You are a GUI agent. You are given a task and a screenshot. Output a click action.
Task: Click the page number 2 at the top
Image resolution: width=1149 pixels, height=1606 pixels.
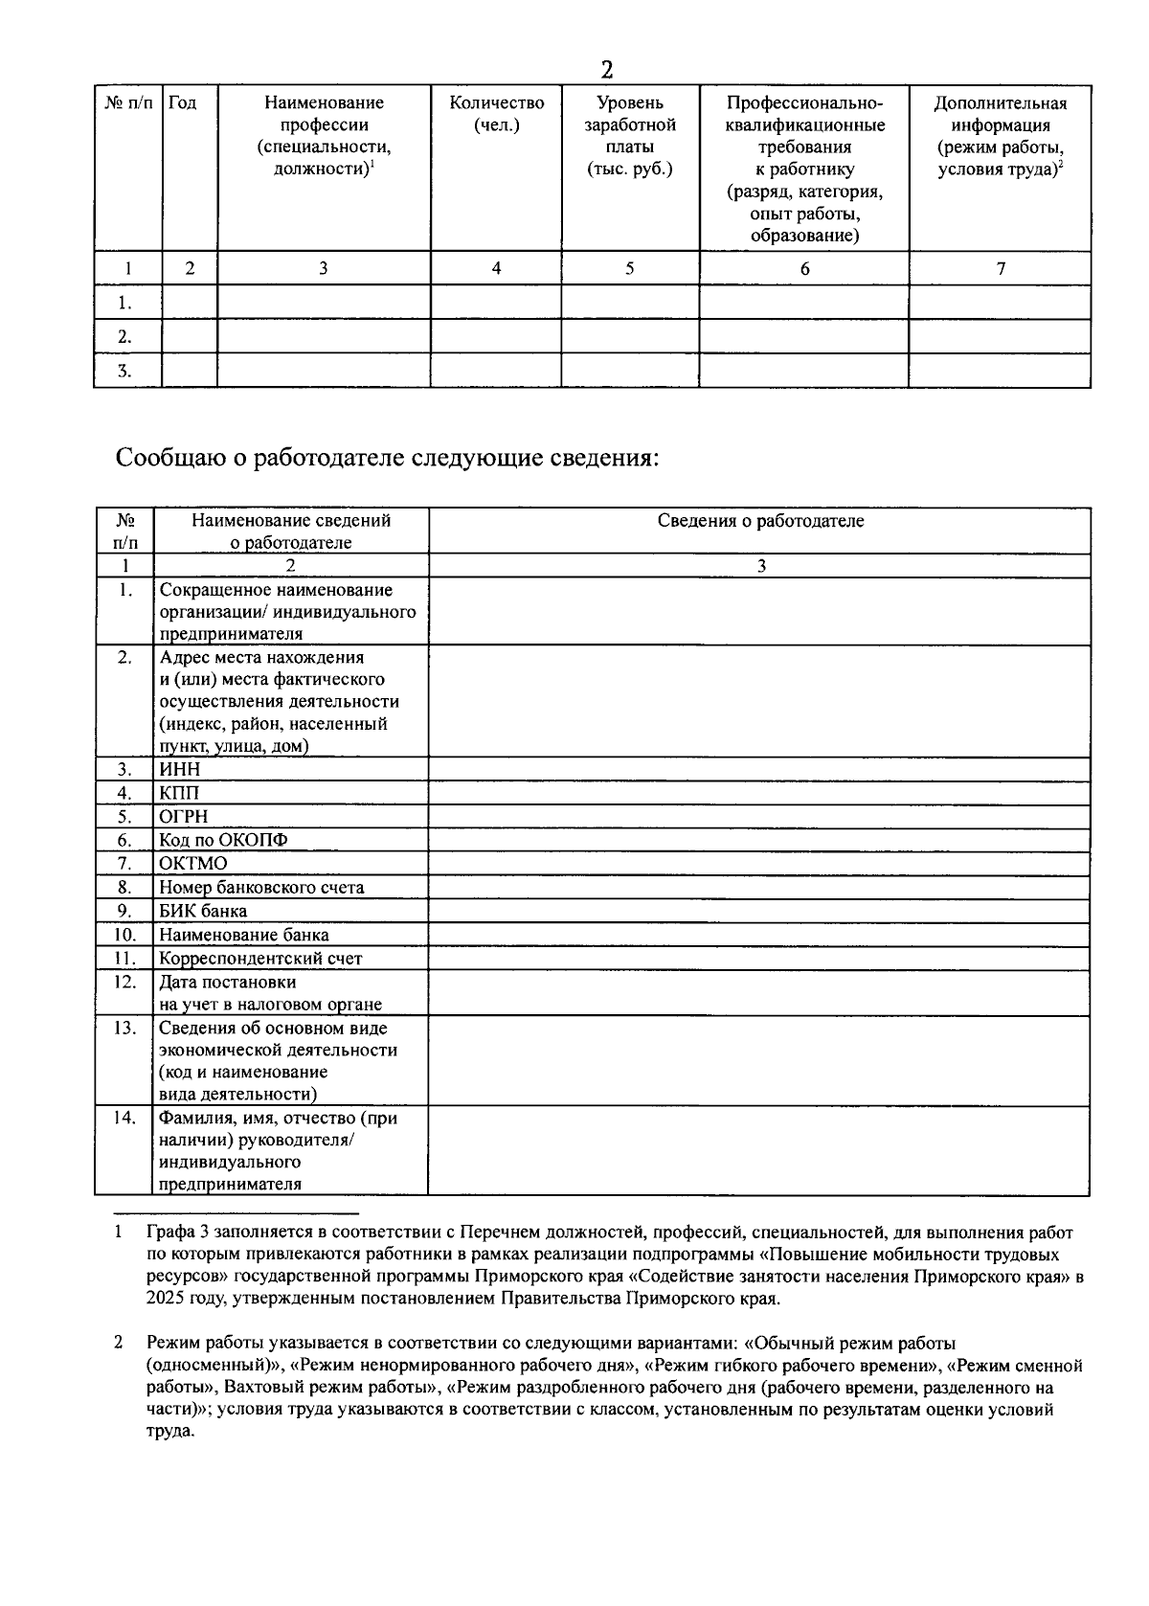pos(606,70)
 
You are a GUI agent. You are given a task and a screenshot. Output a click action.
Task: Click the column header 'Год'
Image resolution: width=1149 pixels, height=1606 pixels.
pos(182,103)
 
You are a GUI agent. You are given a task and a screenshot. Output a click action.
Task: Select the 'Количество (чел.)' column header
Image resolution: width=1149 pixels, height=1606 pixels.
pos(496,114)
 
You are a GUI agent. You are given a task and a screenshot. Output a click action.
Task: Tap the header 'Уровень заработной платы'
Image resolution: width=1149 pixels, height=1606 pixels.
pos(629,136)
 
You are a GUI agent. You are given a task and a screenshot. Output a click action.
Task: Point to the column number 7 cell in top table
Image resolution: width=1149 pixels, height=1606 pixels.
pos(1000,269)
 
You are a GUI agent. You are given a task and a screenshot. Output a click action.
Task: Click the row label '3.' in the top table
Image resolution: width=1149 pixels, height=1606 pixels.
pos(124,372)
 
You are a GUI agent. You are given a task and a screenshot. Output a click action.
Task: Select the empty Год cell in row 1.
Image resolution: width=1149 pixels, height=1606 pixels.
pos(190,303)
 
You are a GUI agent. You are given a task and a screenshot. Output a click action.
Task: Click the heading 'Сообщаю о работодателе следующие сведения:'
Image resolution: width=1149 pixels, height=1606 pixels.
pos(388,457)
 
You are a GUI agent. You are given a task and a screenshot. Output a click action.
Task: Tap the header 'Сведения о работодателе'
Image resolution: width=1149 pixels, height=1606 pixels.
pos(760,521)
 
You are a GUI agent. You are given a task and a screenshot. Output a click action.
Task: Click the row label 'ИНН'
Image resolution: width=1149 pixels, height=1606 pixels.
pos(180,769)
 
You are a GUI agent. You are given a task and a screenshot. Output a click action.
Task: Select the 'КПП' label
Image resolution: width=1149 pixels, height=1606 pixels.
pos(179,793)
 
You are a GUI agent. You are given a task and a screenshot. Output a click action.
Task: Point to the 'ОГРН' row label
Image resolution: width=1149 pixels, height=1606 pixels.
pos(184,817)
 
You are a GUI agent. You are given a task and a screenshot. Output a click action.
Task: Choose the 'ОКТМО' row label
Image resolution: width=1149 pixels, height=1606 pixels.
pos(193,864)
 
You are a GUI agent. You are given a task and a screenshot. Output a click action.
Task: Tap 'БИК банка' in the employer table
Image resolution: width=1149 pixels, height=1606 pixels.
pos(203,911)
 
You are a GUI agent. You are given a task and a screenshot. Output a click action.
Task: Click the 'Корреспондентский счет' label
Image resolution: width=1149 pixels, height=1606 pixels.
pos(260,958)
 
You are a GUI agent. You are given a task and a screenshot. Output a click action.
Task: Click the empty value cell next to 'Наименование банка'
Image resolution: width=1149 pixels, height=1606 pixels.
pos(758,935)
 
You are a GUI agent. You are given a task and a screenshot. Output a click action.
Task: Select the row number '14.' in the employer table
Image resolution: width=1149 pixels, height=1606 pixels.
pos(124,1117)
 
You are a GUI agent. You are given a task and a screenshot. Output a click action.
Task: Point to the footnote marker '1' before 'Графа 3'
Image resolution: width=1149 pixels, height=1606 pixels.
pos(118,1233)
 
